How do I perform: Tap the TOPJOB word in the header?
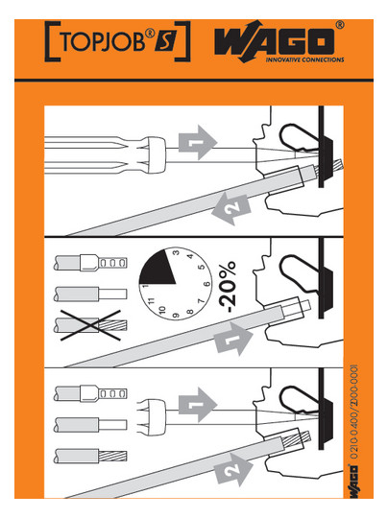click(x=103, y=41)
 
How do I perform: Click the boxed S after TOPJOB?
click(x=165, y=42)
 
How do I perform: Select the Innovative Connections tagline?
click(x=304, y=59)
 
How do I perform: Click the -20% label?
click(x=228, y=287)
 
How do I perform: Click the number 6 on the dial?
click(x=206, y=284)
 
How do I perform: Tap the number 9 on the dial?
click(x=176, y=316)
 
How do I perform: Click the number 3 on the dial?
click(x=177, y=252)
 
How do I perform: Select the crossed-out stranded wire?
click(x=90, y=325)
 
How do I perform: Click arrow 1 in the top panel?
click(x=198, y=142)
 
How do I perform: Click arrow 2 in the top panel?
click(x=231, y=209)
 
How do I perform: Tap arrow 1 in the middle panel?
click(x=234, y=339)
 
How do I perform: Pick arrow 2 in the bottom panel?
click(x=233, y=469)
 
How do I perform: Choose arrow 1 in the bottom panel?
click(x=198, y=405)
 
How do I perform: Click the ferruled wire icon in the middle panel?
click(x=90, y=263)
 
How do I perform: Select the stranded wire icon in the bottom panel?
click(x=90, y=456)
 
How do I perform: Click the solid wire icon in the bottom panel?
click(x=90, y=425)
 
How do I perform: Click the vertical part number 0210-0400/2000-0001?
click(x=354, y=412)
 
